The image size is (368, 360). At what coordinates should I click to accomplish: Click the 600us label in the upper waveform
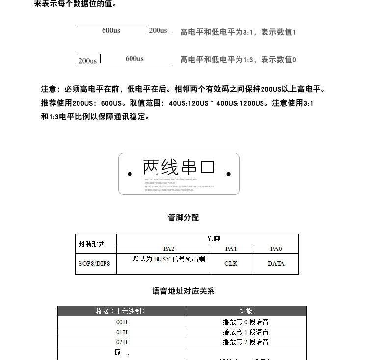coord(111,30)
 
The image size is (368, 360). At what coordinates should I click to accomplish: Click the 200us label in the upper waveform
coord(158,30)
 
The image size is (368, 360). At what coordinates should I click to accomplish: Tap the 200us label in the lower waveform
coord(87,61)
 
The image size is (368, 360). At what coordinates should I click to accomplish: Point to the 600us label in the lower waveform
coord(134,59)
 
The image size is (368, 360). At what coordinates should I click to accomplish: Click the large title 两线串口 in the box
coord(179,167)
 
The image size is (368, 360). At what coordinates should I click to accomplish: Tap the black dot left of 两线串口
coord(130,174)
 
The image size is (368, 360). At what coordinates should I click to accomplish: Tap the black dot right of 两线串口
coord(229,174)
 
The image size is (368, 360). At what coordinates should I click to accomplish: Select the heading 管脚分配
coord(184,218)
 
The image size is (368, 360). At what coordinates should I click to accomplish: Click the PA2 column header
coord(169,249)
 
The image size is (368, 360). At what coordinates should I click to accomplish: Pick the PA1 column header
coord(231,249)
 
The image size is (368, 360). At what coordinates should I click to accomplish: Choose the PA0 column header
coord(276,249)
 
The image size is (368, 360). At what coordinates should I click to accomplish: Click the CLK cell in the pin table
coord(231,264)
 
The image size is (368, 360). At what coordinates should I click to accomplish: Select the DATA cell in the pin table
coord(276,264)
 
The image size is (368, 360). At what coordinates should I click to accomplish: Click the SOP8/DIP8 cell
coord(94,264)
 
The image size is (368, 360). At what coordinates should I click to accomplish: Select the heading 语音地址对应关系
coord(184,291)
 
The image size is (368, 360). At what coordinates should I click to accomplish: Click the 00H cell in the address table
coord(122,322)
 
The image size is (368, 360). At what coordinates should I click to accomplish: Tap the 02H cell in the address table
coord(122,342)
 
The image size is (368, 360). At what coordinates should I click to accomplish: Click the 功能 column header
coord(246,312)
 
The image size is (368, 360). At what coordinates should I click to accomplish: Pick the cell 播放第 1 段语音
coord(246,332)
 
